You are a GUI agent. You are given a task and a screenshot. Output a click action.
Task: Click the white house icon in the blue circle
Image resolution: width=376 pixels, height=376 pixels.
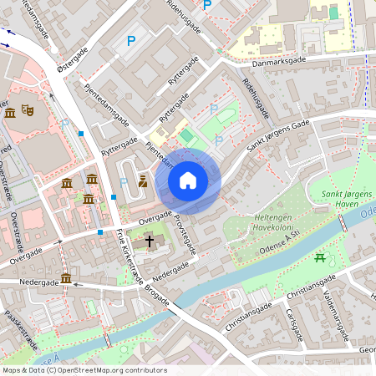(188, 180)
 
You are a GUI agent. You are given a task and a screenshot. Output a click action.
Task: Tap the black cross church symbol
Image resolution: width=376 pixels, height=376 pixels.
(150, 241)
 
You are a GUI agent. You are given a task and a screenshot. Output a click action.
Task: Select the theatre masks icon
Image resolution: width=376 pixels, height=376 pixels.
(28, 109)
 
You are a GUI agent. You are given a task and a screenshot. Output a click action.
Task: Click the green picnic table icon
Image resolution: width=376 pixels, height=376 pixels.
(319, 259)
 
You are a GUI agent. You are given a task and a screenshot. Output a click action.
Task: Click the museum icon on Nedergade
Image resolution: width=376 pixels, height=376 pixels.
(65, 278)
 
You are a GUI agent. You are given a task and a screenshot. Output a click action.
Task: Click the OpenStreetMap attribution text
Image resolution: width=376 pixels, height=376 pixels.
(84, 370)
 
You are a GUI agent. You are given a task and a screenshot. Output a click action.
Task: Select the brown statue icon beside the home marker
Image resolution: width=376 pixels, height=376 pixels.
(143, 180)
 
